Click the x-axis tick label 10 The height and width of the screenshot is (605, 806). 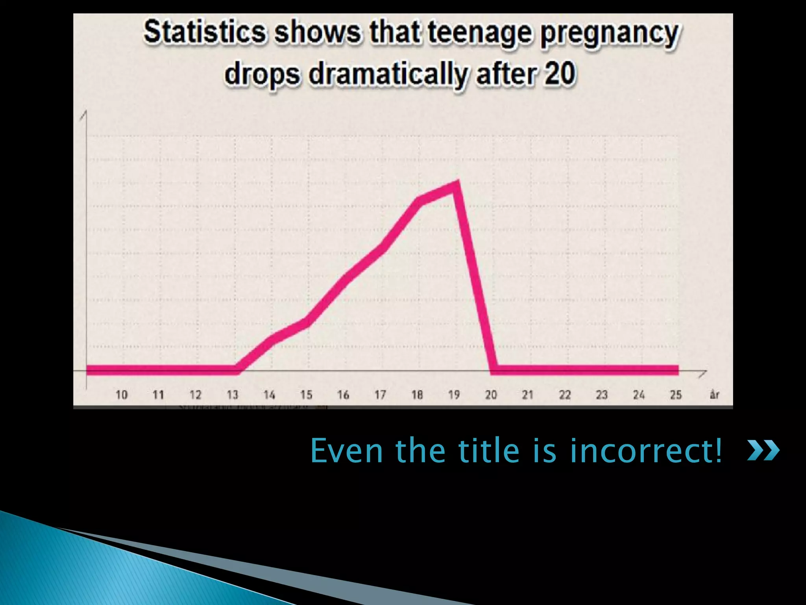click(x=121, y=395)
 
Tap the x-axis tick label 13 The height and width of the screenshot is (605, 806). click(x=232, y=395)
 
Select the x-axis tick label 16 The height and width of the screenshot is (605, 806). click(x=343, y=395)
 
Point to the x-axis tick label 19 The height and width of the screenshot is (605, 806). click(x=454, y=395)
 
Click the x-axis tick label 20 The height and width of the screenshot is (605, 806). click(x=491, y=395)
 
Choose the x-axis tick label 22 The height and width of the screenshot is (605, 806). click(x=565, y=395)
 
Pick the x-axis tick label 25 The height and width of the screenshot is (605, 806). click(x=676, y=395)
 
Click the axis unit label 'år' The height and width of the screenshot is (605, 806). click(x=714, y=395)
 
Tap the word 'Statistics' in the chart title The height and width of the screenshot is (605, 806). click(x=205, y=32)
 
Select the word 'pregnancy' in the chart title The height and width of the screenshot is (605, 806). click(x=609, y=34)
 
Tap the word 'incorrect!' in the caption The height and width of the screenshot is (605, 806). click(x=646, y=451)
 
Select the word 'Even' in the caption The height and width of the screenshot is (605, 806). click(x=346, y=451)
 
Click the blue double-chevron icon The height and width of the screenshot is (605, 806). click(x=763, y=451)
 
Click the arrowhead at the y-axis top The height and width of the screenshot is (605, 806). click(x=84, y=115)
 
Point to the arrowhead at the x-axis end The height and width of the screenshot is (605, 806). click(x=703, y=373)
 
